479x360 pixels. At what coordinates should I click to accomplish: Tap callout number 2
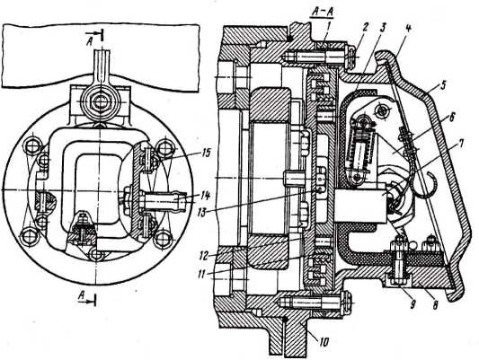(367, 27)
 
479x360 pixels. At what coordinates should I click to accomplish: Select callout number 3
(383, 27)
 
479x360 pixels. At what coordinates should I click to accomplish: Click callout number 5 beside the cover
(444, 85)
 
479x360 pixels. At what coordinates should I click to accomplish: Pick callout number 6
(452, 117)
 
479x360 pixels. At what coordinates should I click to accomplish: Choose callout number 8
(436, 303)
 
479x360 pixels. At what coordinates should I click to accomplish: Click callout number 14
(206, 197)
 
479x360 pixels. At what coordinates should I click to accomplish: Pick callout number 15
(206, 153)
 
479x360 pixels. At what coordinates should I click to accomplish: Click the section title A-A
(322, 12)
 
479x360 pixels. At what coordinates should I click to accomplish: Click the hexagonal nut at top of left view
(98, 101)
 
